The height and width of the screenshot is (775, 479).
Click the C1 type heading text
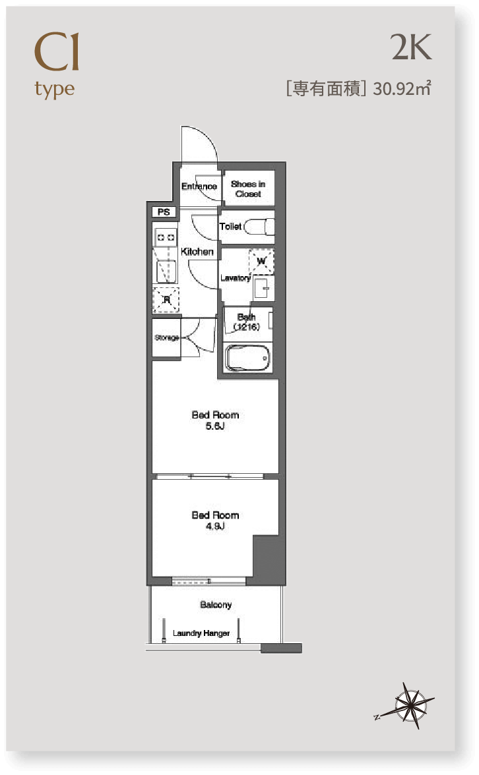click(x=56, y=65)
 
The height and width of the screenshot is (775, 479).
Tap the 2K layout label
click(x=411, y=47)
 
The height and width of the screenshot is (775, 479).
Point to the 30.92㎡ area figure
click(x=402, y=88)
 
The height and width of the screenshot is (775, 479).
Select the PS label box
click(x=164, y=212)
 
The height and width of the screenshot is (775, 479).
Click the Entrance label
click(x=199, y=187)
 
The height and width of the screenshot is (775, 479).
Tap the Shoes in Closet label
click(x=248, y=188)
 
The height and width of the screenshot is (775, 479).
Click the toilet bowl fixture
click(x=259, y=227)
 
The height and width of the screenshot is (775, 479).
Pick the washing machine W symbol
click(x=261, y=261)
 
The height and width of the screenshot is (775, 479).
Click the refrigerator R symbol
click(x=166, y=299)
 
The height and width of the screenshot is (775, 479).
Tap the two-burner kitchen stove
click(x=166, y=237)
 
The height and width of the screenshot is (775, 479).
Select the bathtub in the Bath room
click(x=247, y=358)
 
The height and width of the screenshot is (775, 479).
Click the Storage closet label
click(x=167, y=337)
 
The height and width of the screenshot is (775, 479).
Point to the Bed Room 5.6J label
click(x=215, y=420)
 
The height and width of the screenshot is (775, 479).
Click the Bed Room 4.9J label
click(x=215, y=521)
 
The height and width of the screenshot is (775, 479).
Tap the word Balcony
click(x=216, y=604)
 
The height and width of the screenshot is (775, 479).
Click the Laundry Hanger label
click(x=201, y=633)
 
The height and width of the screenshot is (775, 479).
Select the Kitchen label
click(x=197, y=252)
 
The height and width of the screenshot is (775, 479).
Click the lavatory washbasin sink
click(x=263, y=287)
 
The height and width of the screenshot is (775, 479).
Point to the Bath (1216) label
click(x=247, y=322)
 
